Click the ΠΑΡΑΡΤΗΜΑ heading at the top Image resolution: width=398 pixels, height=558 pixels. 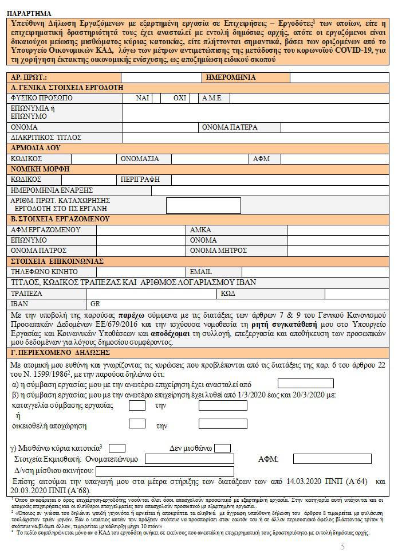pyautogui.click(x=30, y=13)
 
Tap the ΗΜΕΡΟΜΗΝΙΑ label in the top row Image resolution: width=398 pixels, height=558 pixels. pyautogui.click(x=231, y=77)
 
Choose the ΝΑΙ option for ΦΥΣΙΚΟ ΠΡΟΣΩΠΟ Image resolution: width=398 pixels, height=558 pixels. pyautogui.click(x=143, y=98)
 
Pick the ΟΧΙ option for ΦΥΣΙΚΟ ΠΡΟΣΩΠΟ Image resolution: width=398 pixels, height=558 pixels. pyautogui.click(x=180, y=98)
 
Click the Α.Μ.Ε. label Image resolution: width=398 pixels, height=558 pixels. pyautogui.click(x=212, y=98)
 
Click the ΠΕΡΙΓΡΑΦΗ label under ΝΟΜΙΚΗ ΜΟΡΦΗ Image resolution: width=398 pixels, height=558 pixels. pyautogui.click(x=140, y=180)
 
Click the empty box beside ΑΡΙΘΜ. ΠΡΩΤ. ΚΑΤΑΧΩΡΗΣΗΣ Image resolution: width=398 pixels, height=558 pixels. pyautogui.click(x=203, y=205)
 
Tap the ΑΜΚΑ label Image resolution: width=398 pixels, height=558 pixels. pyautogui.click(x=200, y=230)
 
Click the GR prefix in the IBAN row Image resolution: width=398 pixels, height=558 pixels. pyautogui.click(x=94, y=303)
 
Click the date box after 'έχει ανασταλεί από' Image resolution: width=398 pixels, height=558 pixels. pyautogui.click(x=305, y=384)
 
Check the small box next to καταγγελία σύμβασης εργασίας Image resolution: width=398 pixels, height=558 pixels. pyautogui.click(x=137, y=405)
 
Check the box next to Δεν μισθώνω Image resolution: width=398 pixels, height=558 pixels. pyautogui.click(x=222, y=448)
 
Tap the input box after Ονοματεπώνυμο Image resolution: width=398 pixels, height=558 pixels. pyautogui.click(x=189, y=459)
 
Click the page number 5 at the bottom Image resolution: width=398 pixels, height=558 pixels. pyautogui.click(x=343, y=547)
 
